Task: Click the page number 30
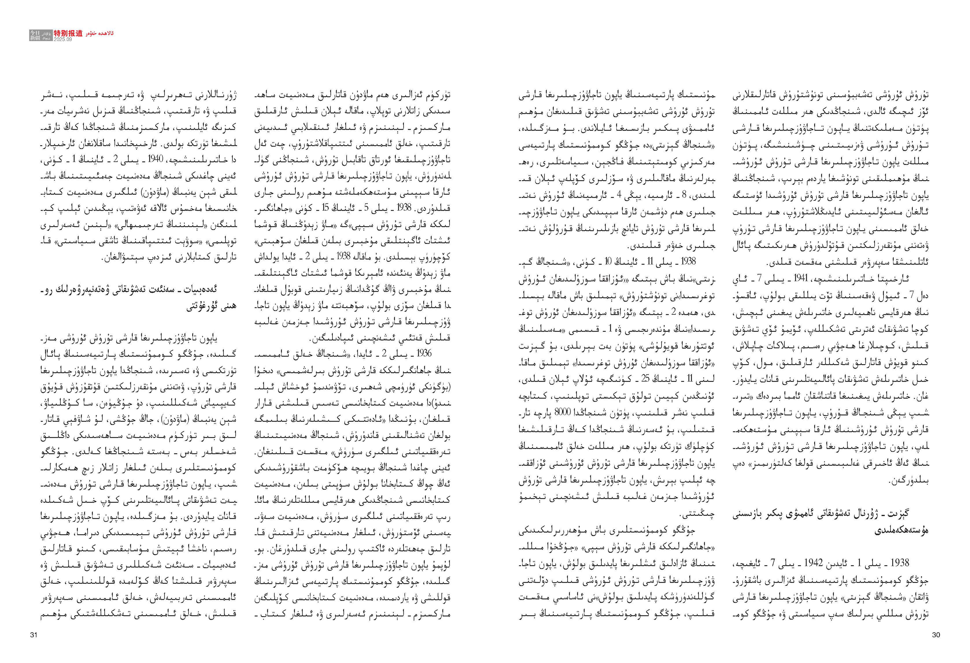pyautogui.click(x=936, y=635)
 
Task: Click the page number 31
pyautogui.click(x=34, y=635)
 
